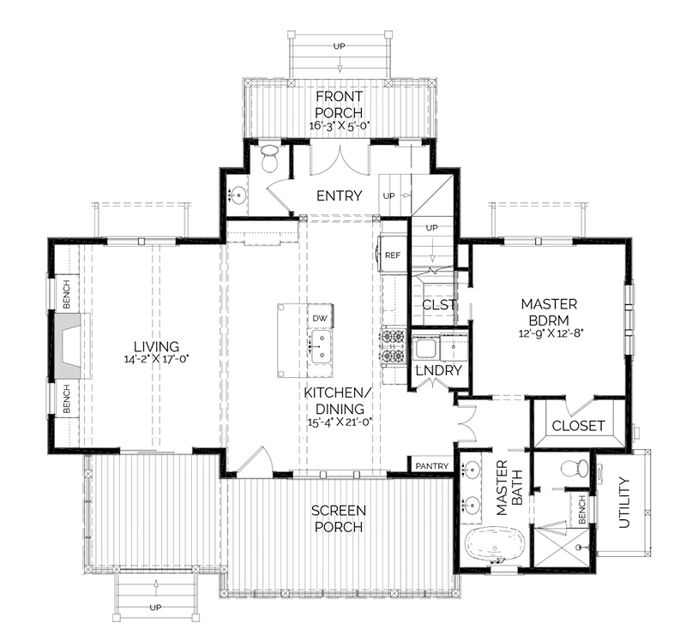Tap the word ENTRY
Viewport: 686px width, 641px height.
tap(339, 195)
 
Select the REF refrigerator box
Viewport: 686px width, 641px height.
tap(393, 255)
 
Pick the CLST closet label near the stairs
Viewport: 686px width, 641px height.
tap(438, 304)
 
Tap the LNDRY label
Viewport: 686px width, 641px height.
tap(439, 371)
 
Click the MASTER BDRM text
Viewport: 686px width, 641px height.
tap(549, 312)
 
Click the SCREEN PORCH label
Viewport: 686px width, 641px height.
tap(338, 518)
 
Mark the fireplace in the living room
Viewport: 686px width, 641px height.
tap(69, 345)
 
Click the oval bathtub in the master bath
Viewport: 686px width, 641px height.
tap(488, 545)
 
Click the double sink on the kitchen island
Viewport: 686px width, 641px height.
tap(322, 347)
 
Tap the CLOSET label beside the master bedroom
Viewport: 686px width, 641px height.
tap(578, 425)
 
